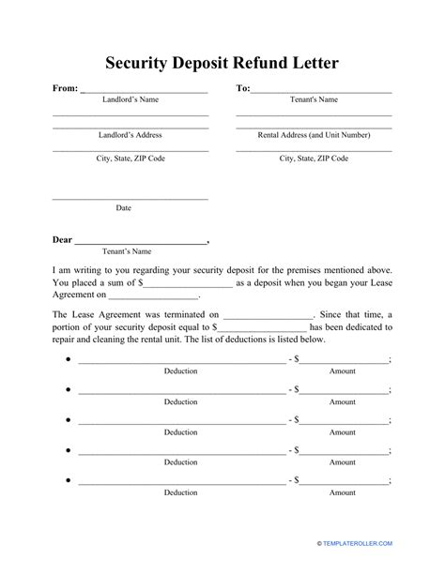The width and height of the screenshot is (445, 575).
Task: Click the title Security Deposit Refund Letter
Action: coord(222,64)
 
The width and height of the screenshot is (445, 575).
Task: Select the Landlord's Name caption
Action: coord(130,98)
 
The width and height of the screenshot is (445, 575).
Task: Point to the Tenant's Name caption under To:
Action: coord(313,98)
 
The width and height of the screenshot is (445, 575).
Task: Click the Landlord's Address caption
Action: coord(130,135)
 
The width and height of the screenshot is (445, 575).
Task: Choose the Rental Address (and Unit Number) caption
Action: coord(314,135)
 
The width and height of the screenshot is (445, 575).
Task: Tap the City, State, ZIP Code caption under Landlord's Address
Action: coord(130,159)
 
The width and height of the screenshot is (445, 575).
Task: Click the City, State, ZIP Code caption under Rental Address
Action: coord(314,159)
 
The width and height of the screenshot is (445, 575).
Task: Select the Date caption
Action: coord(123,207)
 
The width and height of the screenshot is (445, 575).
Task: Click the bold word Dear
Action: coord(62,239)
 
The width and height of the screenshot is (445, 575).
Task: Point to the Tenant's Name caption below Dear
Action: coord(127,251)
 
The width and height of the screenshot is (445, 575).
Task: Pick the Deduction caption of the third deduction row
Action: coord(181,432)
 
